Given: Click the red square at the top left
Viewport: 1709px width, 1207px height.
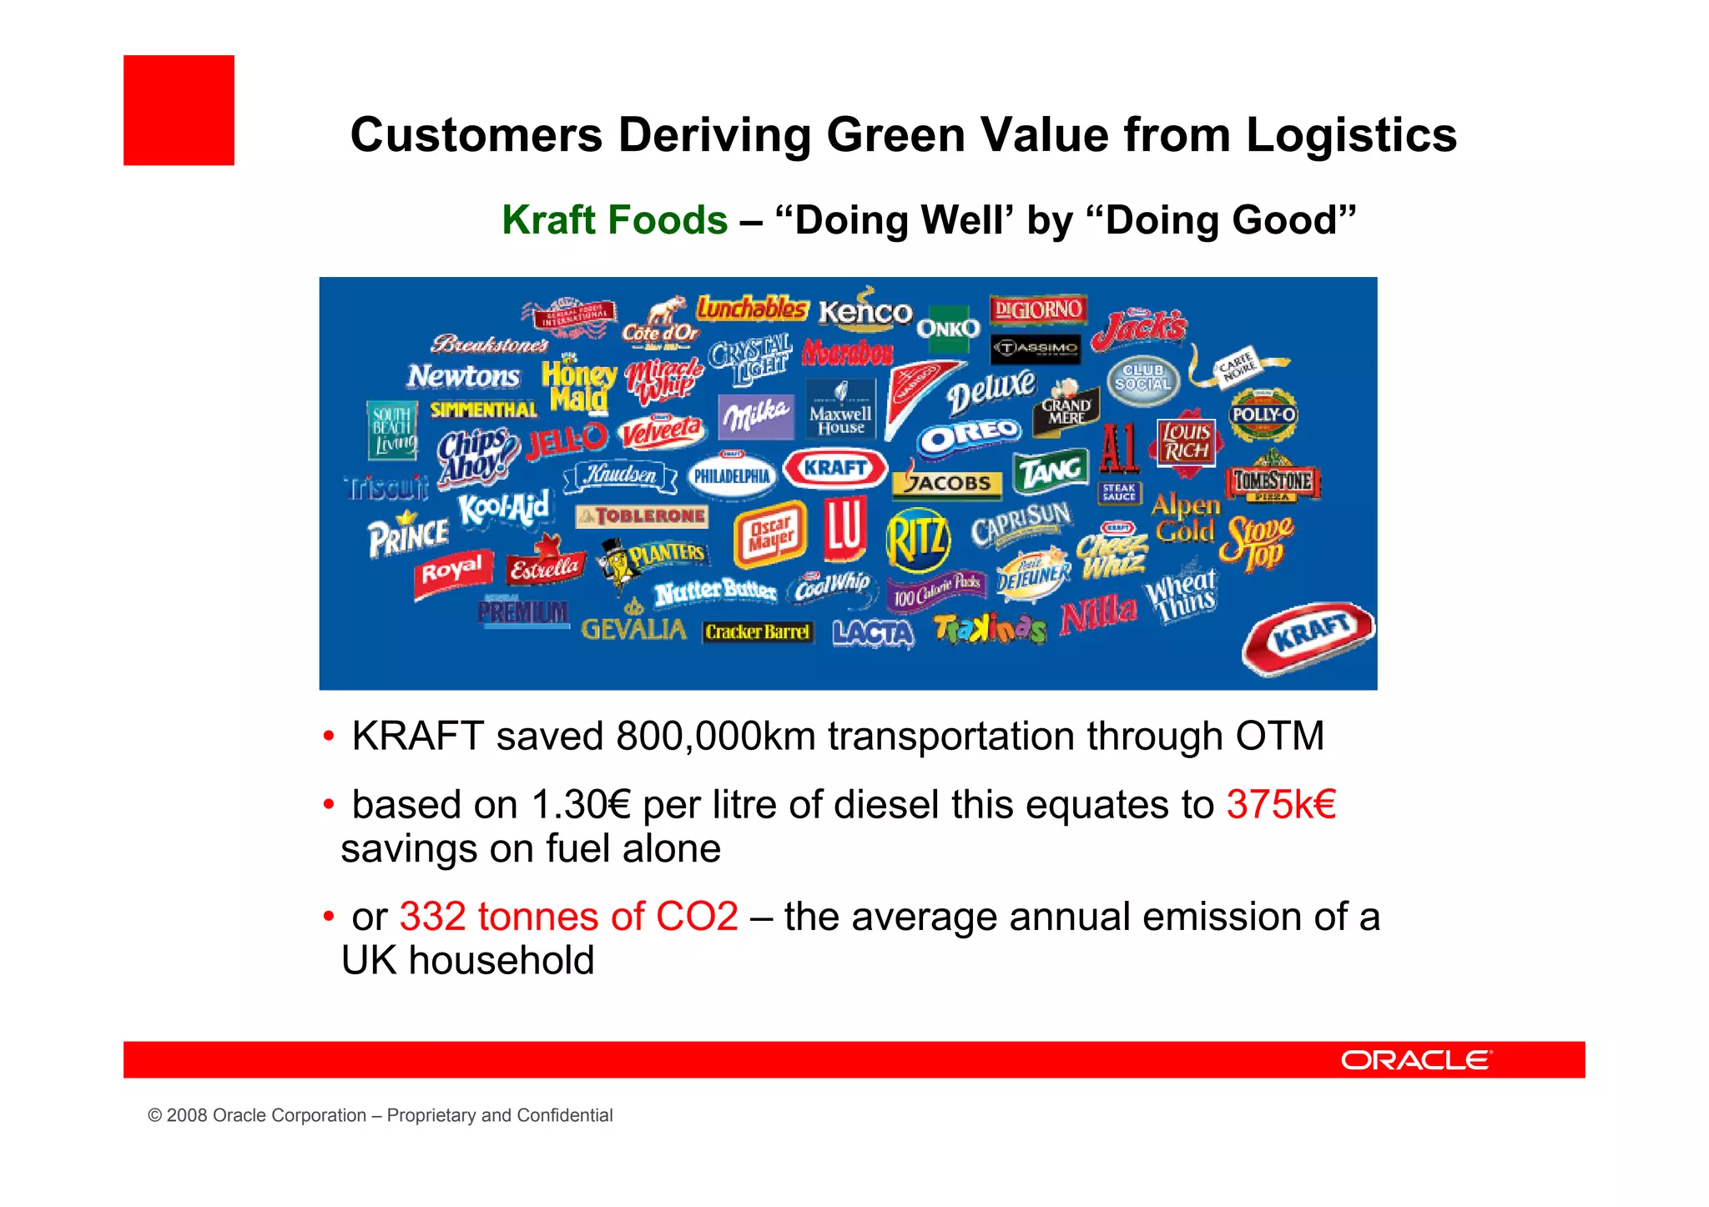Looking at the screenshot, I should click(x=179, y=110).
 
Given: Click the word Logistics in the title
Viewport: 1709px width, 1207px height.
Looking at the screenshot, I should click(x=1351, y=135).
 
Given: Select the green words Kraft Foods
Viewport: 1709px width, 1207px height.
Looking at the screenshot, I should click(x=615, y=220).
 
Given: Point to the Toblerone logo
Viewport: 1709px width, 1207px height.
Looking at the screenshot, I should click(x=642, y=516).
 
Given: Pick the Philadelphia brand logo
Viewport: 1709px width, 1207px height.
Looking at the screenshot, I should click(x=732, y=475).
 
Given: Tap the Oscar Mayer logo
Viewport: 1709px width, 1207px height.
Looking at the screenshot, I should click(x=770, y=536).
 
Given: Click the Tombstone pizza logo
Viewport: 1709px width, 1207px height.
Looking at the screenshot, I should click(x=1273, y=481).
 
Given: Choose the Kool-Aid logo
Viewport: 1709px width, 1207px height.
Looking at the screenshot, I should click(x=504, y=507).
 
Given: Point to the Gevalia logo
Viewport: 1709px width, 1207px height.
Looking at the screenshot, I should click(x=634, y=627).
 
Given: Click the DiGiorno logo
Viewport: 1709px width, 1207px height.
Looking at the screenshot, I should click(x=1038, y=309).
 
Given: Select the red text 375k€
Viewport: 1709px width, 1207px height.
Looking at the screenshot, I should click(x=1281, y=805).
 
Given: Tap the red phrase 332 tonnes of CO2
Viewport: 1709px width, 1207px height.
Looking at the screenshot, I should click(x=569, y=917).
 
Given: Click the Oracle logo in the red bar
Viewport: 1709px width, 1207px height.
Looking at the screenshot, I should click(x=1416, y=1060).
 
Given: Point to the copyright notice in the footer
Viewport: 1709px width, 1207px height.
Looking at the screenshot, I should click(x=381, y=1115).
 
